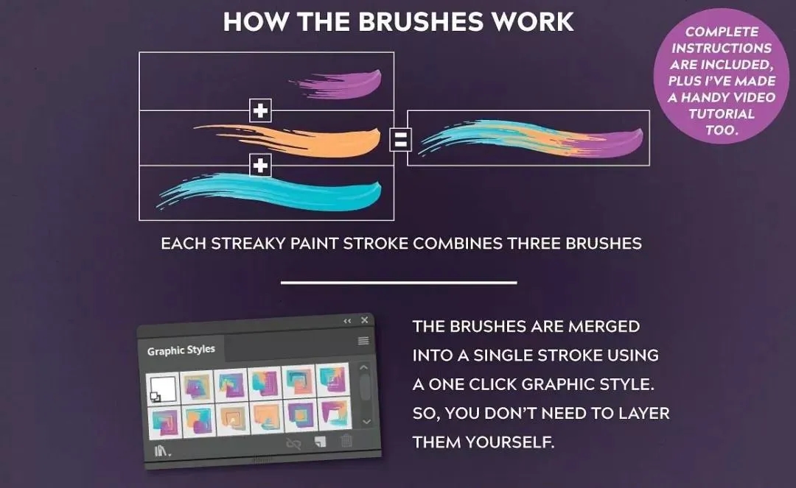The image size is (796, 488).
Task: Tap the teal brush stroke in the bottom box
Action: tap(284, 192)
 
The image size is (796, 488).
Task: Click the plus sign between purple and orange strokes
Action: tap(260, 110)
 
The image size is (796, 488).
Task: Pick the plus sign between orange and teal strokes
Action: tap(260, 165)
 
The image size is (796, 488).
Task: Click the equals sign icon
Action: tap(400, 139)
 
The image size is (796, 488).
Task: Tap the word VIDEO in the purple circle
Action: tap(753, 97)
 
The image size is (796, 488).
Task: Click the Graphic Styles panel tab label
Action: tap(181, 350)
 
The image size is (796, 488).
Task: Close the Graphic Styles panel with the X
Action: tap(365, 319)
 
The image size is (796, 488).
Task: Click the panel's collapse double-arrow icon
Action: tap(347, 321)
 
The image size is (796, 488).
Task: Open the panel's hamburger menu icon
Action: tap(363, 341)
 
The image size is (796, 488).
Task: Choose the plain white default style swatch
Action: tap(163, 389)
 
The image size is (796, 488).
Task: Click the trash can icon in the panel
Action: tap(346, 441)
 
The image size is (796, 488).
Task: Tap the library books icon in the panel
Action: tap(162, 450)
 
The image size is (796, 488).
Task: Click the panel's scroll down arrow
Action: tap(366, 422)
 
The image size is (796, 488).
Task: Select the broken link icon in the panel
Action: tap(294, 444)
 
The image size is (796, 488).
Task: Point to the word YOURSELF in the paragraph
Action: tap(510, 442)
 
